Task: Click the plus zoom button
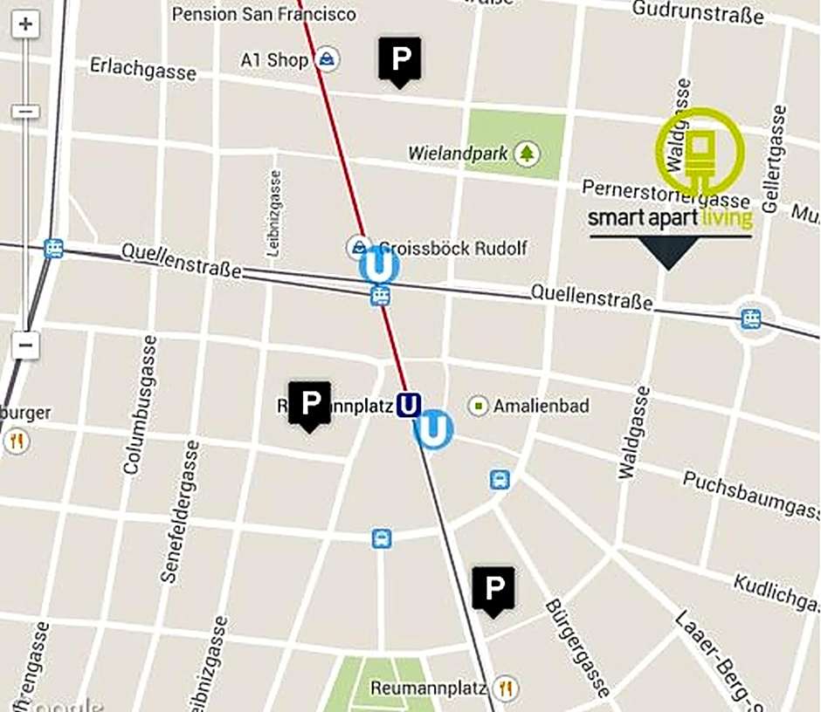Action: (25, 24)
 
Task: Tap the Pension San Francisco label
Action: (264, 14)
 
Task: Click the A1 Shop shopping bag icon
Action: (328, 59)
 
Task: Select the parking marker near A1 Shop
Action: (399, 60)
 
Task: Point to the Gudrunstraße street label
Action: (698, 11)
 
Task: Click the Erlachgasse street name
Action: (143, 68)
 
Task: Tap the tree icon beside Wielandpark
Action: (527, 154)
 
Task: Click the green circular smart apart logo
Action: (700, 151)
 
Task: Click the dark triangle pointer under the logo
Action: (668, 254)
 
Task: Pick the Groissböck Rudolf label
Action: (452, 249)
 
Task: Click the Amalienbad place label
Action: (541, 406)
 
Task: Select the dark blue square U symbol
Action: (409, 405)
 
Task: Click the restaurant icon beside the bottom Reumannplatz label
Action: (504, 688)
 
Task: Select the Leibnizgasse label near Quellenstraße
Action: (274, 213)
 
